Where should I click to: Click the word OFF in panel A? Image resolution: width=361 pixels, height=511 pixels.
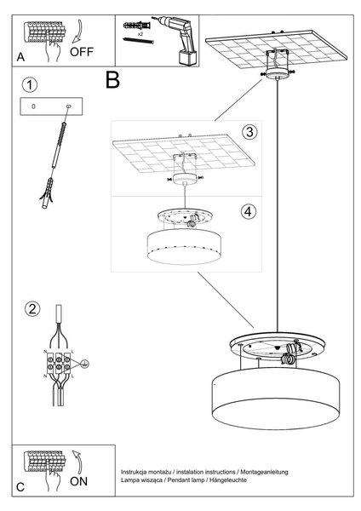click(x=82, y=50)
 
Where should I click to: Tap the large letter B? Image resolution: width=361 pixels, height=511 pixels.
click(x=112, y=81)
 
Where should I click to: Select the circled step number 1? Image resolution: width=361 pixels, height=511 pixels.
click(x=31, y=85)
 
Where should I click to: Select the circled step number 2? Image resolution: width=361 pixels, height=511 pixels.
click(x=31, y=309)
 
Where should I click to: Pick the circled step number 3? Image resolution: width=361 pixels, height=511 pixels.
click(x=249, y=132)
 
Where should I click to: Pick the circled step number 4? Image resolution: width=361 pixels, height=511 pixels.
click(x=248, y=211)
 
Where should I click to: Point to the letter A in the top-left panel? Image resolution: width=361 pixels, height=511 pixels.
click(x=20, y=58)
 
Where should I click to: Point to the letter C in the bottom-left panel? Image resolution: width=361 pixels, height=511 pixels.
click(x=20, y=486)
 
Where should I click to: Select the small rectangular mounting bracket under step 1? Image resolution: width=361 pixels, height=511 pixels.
click(x=50, y=106)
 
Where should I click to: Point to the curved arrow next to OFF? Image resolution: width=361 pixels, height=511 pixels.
click(x=76, y=32)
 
